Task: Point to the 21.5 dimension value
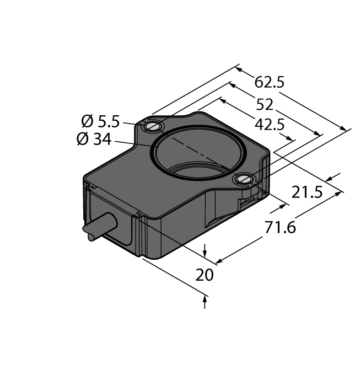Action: click(307, 192)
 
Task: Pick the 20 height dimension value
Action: click(205, 275)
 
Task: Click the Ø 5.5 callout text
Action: click(100, 121)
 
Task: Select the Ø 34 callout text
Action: click(94, 140)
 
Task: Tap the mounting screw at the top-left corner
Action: click(152, 127)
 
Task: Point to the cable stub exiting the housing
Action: click(99, 227)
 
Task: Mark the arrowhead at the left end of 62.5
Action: click(239, 69)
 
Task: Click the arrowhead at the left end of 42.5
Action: click(222, 101)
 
